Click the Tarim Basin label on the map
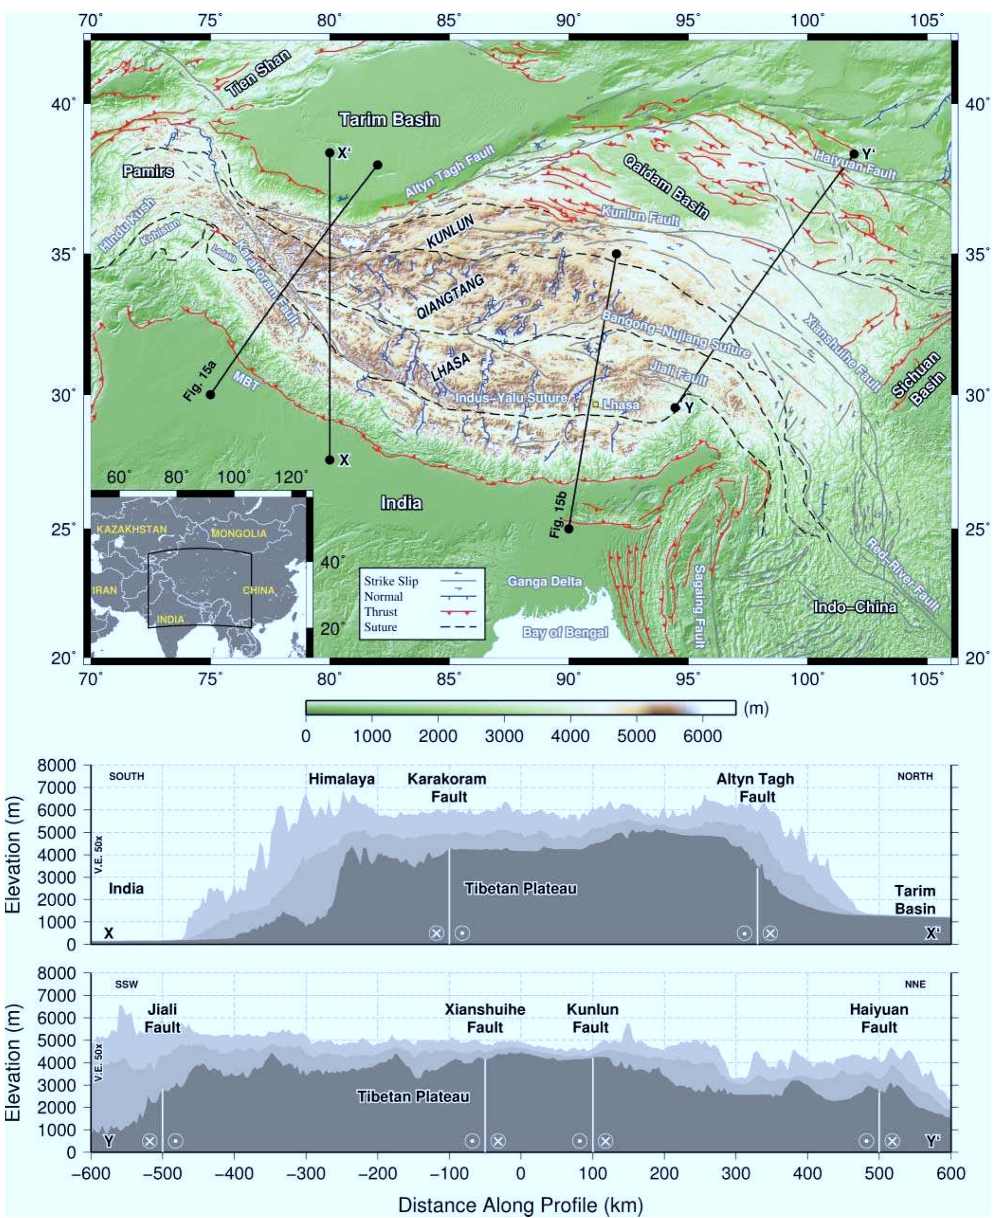[389, 120]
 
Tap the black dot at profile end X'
[330, 153]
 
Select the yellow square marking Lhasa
[595, 405]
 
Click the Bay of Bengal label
[565, 632]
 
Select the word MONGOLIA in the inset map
[239, 534]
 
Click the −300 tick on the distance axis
[306, 1173]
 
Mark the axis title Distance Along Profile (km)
[520, 1204]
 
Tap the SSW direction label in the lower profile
[126, 984]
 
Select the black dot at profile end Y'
[854, 155]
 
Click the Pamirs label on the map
[148, 172]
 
